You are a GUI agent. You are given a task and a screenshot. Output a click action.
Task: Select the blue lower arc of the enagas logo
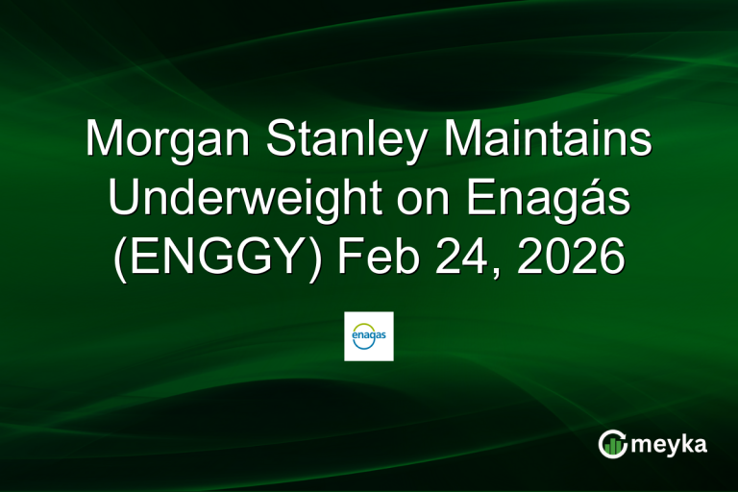pos(369,347)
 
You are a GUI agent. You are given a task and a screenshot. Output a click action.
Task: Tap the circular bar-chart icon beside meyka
pos(612,443)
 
